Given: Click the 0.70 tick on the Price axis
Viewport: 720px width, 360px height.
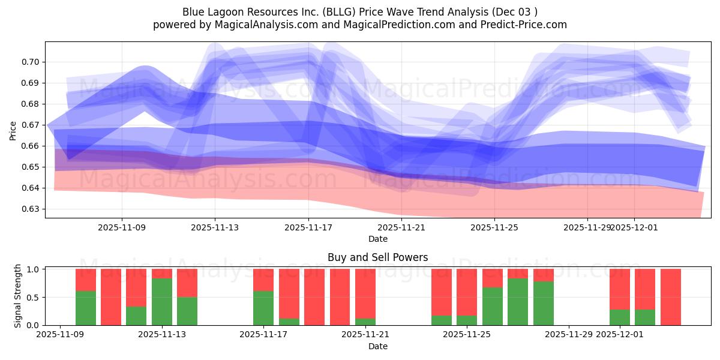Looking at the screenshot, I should tap(31, 62).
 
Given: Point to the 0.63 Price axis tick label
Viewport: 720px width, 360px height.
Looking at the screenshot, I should tap(31, 209).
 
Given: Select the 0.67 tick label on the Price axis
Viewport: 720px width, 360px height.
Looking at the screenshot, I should tap(31, 125).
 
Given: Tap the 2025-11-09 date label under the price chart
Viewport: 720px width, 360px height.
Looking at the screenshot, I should tap(122, 227).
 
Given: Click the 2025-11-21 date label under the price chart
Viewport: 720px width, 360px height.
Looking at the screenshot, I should tap(401, 227).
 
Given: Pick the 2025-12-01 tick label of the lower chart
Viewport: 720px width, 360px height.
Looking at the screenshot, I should tap(620, 335).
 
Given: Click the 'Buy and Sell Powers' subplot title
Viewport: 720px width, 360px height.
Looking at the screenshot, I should tap(377, 257).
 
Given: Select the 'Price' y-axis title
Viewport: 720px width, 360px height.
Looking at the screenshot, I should tap(13, 130).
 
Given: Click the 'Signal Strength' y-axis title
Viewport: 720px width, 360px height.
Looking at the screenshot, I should tap(18, 296).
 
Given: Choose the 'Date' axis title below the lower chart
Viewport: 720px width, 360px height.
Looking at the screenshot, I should tap(377, 346).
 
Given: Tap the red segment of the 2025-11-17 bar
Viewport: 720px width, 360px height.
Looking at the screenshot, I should tap(263, 280).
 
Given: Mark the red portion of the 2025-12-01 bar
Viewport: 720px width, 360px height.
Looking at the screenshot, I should tap(620, 289).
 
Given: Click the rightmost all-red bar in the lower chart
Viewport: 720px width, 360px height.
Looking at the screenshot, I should tap(671, 297).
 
